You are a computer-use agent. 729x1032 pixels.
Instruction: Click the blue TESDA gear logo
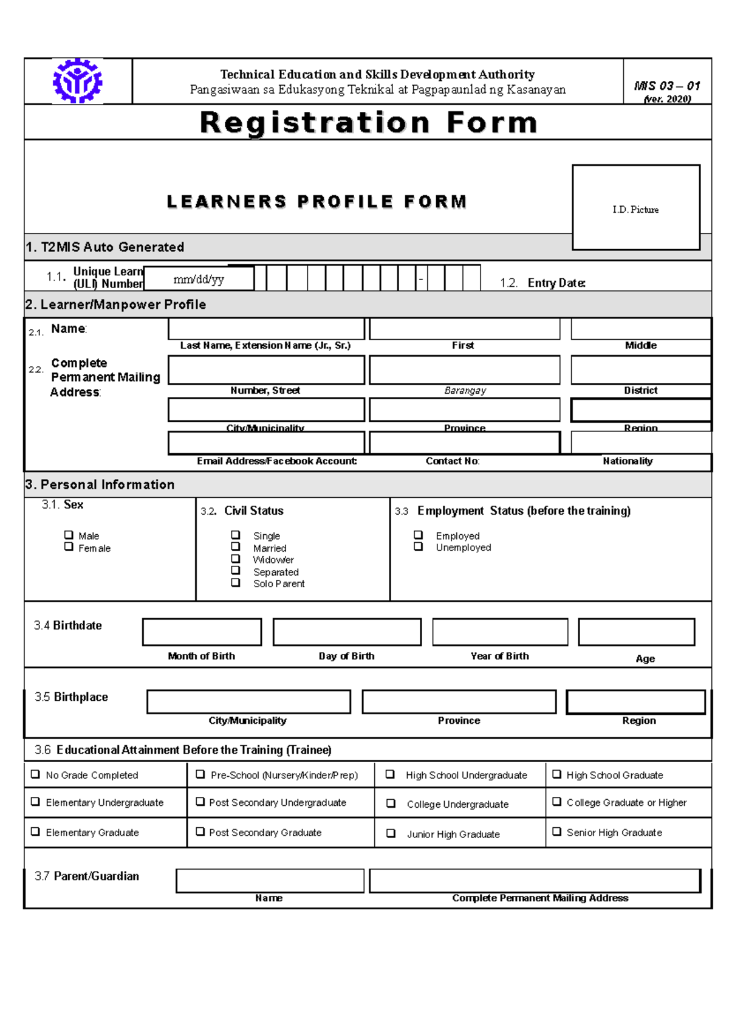point(77,81)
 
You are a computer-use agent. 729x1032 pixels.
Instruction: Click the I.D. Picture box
point(635,207)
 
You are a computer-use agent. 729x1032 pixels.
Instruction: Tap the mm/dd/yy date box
point(199,279)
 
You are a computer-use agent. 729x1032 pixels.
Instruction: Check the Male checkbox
point(69,535)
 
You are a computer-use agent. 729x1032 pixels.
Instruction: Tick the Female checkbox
point(69,546)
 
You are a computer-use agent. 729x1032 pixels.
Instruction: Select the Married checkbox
point(236,546)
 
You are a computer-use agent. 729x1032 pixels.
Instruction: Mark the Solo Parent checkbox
point(236,582)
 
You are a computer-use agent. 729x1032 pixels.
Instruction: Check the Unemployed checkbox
point(418,546)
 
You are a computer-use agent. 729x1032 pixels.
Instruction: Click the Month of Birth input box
point(202,632)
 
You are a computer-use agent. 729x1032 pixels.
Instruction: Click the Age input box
point(636,632)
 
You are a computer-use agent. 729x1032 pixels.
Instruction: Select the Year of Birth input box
point(500,632)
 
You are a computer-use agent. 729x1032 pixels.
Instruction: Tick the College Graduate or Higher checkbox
point(556,801)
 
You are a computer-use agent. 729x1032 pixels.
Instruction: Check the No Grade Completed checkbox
point(35,774)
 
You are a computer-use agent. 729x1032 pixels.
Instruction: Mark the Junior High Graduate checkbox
point(391,833)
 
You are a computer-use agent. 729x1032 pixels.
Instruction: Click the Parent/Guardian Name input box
point(270,880)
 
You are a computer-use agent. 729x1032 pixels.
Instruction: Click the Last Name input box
point(266,329)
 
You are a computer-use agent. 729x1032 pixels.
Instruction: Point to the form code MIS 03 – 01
point(667,86)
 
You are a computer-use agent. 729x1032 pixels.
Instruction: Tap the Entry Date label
point(556,283)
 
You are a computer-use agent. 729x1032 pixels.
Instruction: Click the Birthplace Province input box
point(459,701)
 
